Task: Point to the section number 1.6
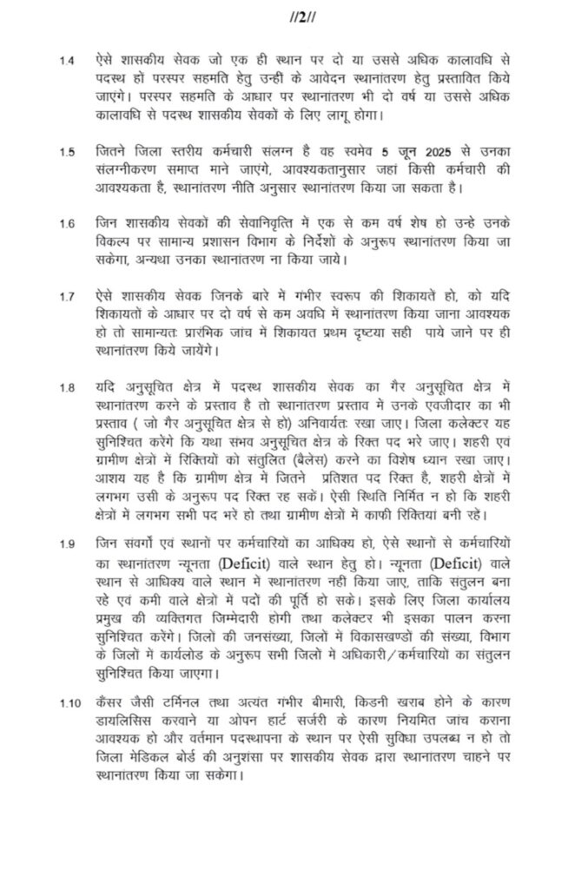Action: point(67,224)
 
